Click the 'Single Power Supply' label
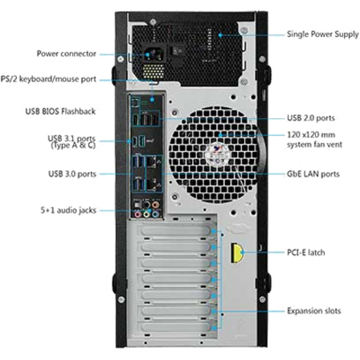(x=323, y=35)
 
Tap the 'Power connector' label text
(x=67, y=54)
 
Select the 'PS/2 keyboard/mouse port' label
(x=48, y=79)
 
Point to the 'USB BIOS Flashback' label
(x=60, y=111)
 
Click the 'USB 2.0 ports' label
(x=311, y=118)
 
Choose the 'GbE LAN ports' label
(x=313, y=174)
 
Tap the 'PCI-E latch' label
(x=306, y=252)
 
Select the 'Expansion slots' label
(x=314, y=311)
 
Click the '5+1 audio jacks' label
(x=68, y=211)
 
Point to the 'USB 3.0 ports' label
(x=72, y=174)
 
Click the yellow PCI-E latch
(x=237, y=252)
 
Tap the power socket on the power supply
(x=153, y=55)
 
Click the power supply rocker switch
(x=178, y=51)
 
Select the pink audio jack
(x=138, y=214)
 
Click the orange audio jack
(x=155, y=205)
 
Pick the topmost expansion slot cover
(x=175, y=231)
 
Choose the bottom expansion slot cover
(x=176, y=327)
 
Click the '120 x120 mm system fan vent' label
(x=314, y=140)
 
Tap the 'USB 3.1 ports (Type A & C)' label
(x=72, y=142)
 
